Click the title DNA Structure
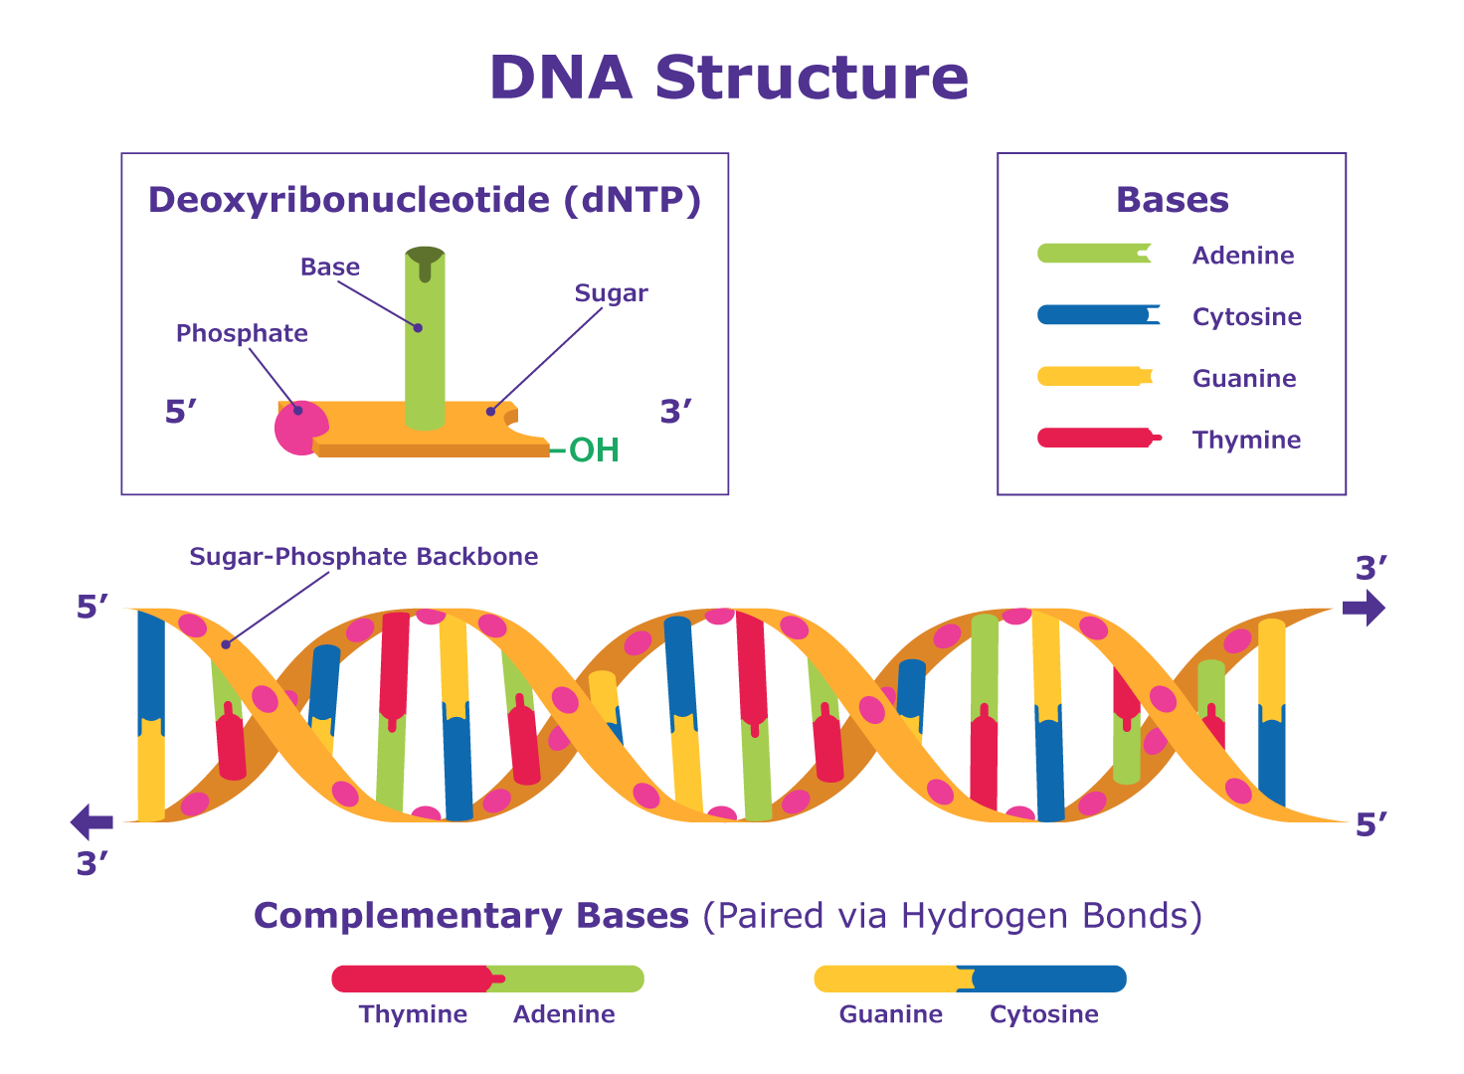coord(729,78)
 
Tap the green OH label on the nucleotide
coord(594,450)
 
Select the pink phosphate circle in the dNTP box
coord(298,428)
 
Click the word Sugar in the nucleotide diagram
coord(611,293)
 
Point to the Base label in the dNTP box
coord(330,268)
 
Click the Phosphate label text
coord(242,333)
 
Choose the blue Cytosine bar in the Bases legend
coord(1093,315)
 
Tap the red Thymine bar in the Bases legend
coord(1093,438)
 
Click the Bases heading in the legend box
coord(1172,200)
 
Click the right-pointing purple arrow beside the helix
coord(1364,608)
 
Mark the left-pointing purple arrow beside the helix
coord(92,822)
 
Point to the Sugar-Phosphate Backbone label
coord(363,557)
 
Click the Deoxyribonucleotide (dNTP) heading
coord(425,200)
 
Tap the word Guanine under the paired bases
coord(890,1014)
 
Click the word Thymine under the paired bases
coord(413,1014)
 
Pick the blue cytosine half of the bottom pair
coord(1049,980)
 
